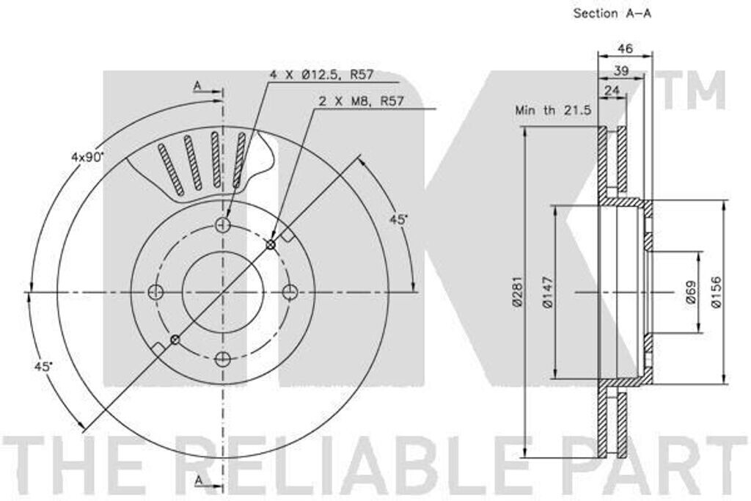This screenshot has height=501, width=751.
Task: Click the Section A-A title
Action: pos(612,13)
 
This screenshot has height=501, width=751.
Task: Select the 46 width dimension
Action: pos(625,48)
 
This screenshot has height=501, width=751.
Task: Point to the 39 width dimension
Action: pos(621,71)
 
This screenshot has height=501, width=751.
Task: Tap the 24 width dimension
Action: pos(612,90)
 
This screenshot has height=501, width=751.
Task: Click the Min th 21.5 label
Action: pos(553,110)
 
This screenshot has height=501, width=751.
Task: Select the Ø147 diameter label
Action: pos(547,291)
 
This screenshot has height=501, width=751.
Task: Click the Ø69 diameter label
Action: pos(691,292)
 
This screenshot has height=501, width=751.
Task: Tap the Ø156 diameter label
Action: pos(716,291)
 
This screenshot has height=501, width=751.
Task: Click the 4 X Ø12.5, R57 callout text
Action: pos(321,75)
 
